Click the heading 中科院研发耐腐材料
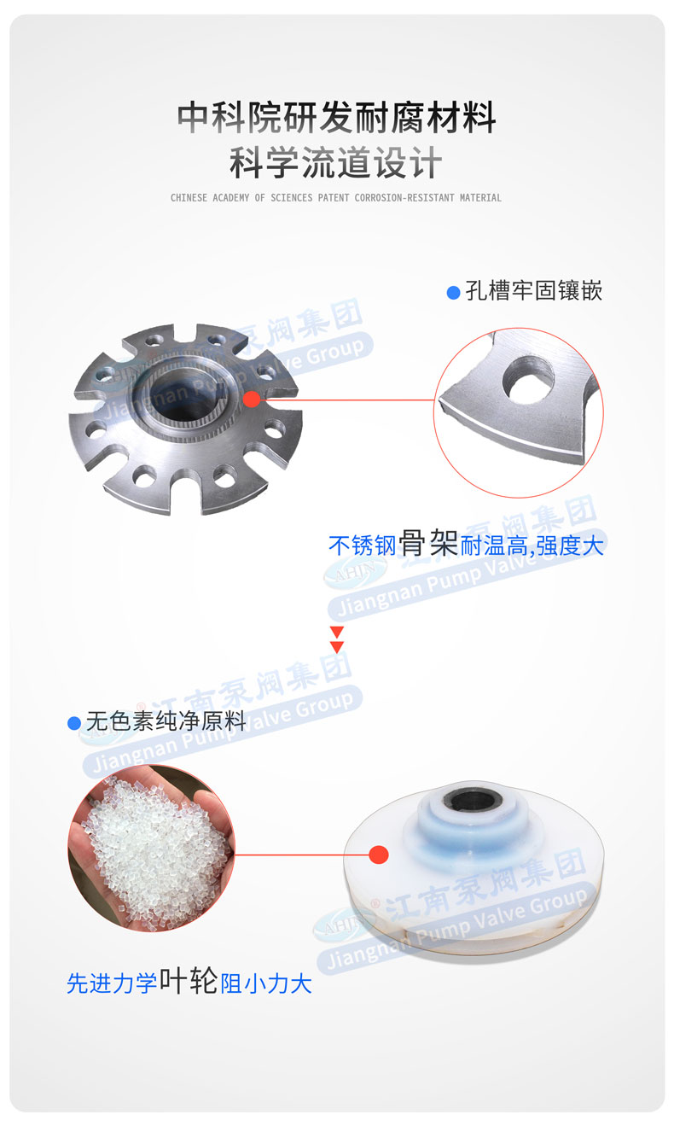pyautogui.click(x=336, y=118)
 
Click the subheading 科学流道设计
pyautogui.click(x=336, y=163)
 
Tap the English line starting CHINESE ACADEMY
pyautogui.click(x=336, y=198)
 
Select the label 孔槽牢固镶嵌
pyautogui.click(x=534, y=292)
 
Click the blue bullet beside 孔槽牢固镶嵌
pyautogui.click(x=454, y=293)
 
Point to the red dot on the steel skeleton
pyautogui.click(x=251, y=399)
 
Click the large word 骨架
pyautogui.click(x=429, y=544)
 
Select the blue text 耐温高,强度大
pyautogui.click(x=532, y=545)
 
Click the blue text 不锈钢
pyautogui.click(x=363, y=545)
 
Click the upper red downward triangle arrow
pyautogui.click(x=337, y=632)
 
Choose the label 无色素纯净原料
pyautogui.click(x=166, y=722)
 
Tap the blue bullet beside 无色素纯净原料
pyautogui.click(x=74, y=723)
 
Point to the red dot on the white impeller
pyautogui.click(x=380, y=854)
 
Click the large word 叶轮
pyautogui.click(x=189, y=982)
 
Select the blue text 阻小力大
pyautogui.click(x=266, y=983)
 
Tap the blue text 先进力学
pyautogui.click(x=112, y=983)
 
